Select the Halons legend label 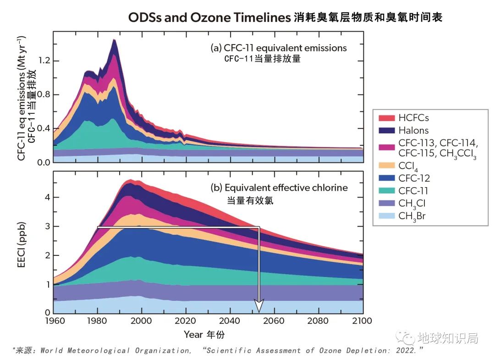pyautogui.click(x=413, y=130)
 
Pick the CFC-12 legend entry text pyautogui.click(x=414, y=179)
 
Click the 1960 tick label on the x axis pyautogui.click(x=53, y=321)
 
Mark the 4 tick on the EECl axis pyautogui.click(x=47, y=197)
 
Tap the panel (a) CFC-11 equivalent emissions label pyautogui.click(x=278, y=48)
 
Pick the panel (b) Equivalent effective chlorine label pyautogui.click(x=279, y=188)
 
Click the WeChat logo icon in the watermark pyautogui.click(x=405, y=338)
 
